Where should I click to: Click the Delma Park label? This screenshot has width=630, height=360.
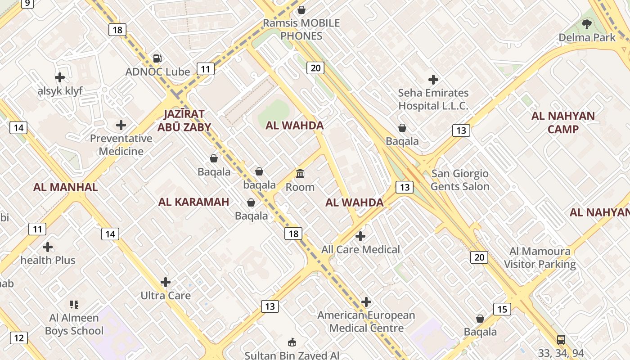(587, 37)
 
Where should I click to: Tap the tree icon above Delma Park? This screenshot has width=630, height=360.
(587, 24)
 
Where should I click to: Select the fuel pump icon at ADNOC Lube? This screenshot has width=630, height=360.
(157, 58)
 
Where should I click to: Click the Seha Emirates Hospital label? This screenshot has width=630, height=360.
(433, 99)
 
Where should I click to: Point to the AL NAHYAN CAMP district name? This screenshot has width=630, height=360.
(563, 122)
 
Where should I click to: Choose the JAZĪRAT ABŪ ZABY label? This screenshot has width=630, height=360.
(184, 121)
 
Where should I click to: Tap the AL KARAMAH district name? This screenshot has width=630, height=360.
(193, 202)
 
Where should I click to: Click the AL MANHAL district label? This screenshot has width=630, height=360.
(66, 187)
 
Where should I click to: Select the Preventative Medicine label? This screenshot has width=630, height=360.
(121, 144)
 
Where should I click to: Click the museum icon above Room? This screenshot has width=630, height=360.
(300, 173)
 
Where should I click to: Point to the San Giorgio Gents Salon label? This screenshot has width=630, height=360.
(460, 180)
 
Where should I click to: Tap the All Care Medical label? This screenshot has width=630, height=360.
(360, 249)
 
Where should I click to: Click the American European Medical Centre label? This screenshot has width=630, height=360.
(366, 321)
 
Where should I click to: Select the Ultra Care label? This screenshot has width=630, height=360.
(166, 296)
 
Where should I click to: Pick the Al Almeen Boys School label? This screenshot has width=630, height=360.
(74, 324)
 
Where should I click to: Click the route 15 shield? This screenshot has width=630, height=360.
(502, 309)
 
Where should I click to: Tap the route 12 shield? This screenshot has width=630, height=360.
(18, 338)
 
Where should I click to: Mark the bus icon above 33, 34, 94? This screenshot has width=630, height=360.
(561, 339)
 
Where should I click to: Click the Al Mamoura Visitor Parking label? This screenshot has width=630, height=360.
(540, 257)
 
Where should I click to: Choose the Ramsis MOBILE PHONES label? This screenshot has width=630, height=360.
(301, 29)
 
